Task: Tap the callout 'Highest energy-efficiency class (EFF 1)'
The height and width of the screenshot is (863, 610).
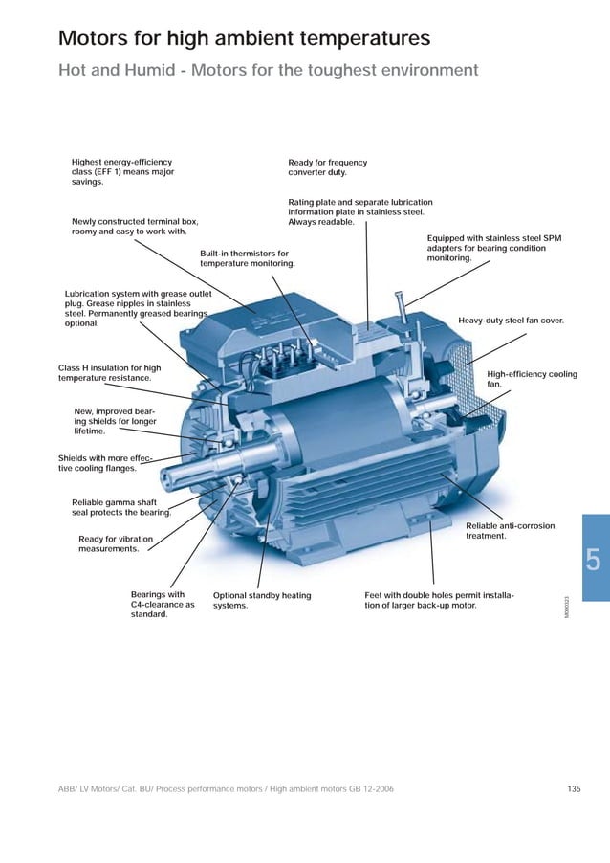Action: click(x=122, y=172)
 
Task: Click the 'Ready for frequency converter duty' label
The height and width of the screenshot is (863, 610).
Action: click(x=327, y=167)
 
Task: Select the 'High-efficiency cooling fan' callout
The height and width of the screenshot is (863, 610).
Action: click(x=532, y=379)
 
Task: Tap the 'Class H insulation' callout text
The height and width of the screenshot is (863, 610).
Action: click(x=109, y=373)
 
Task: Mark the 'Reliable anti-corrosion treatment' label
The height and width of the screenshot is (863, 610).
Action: click(x=510, y=531)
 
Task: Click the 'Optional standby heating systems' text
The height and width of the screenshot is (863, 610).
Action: click(x=261, y=601)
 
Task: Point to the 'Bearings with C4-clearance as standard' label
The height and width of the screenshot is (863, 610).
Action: click(x=162, y=605)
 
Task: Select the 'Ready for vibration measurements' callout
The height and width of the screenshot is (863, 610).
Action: click(x=115, y=543)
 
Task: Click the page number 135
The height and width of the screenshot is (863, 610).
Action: click(x=574, y=788)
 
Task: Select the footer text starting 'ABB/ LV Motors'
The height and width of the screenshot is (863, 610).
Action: click(x=225, y=788)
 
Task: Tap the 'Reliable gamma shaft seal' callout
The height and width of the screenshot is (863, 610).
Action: click(x=121, y=507)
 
